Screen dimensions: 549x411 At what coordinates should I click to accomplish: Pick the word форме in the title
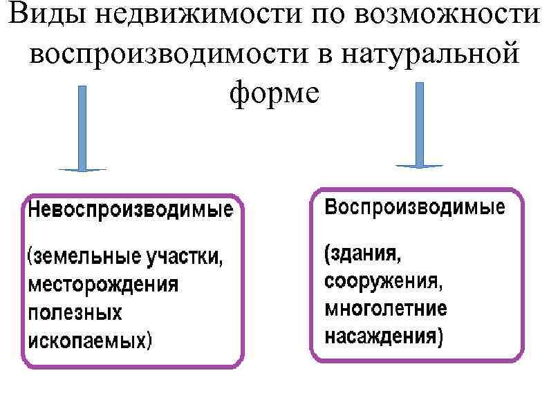pos(274,93)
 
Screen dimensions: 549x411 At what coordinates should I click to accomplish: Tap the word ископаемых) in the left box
pos(90,340)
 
